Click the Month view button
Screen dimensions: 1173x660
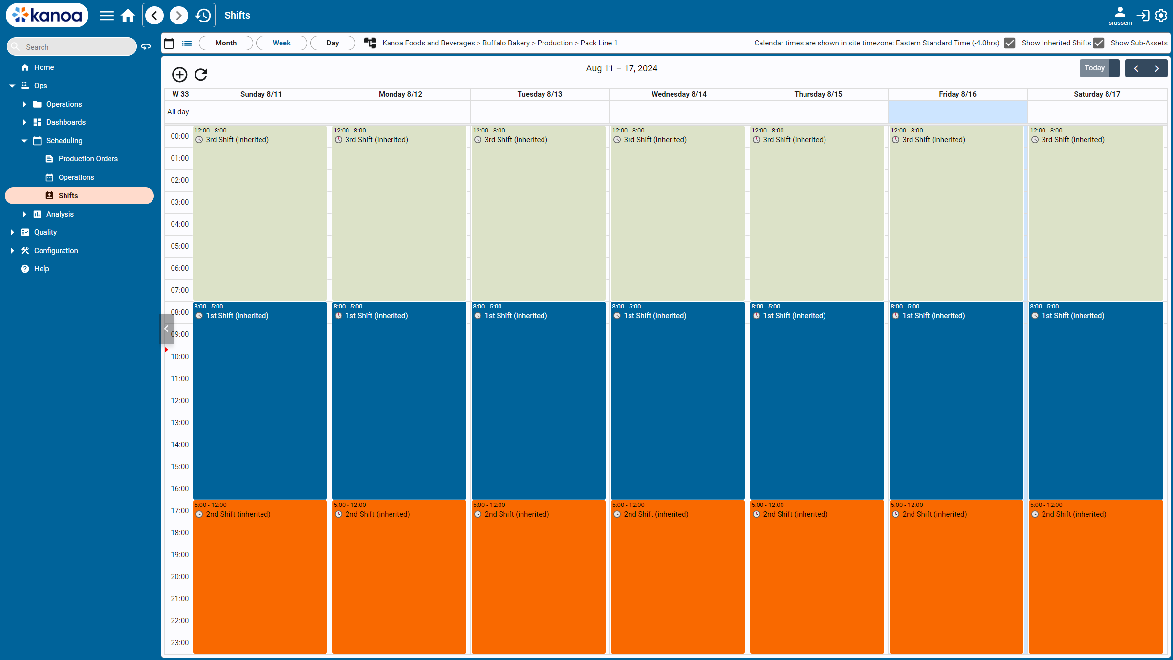[x=226, y=43]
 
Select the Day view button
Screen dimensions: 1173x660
[x=332, y=43]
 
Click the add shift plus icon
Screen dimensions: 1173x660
[x=179, y=74]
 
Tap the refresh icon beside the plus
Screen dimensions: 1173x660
[x=201, y=74]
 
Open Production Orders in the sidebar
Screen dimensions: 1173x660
[x=88, y=159]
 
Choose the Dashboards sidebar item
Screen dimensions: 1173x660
[x=66, y=122]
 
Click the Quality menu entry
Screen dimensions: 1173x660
[x=45, y=232]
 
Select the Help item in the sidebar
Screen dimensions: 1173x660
[x=42, y=269]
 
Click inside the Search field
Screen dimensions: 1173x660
[x=72, y=47]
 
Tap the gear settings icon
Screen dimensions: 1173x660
[x=1161, y=16]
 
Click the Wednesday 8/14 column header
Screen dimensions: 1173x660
[x=679, y=94]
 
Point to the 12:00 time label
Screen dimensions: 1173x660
[x=179, y=401]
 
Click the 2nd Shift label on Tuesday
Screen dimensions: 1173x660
[x=517, y=514]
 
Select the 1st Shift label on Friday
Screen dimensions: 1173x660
[x=934, y=316]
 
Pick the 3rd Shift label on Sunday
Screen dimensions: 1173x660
[x=237, y=140]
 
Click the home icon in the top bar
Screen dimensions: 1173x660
[x=128, y=16]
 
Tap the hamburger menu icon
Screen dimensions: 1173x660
[x=107, y=16]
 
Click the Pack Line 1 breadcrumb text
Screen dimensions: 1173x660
[x=599, y=43]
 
